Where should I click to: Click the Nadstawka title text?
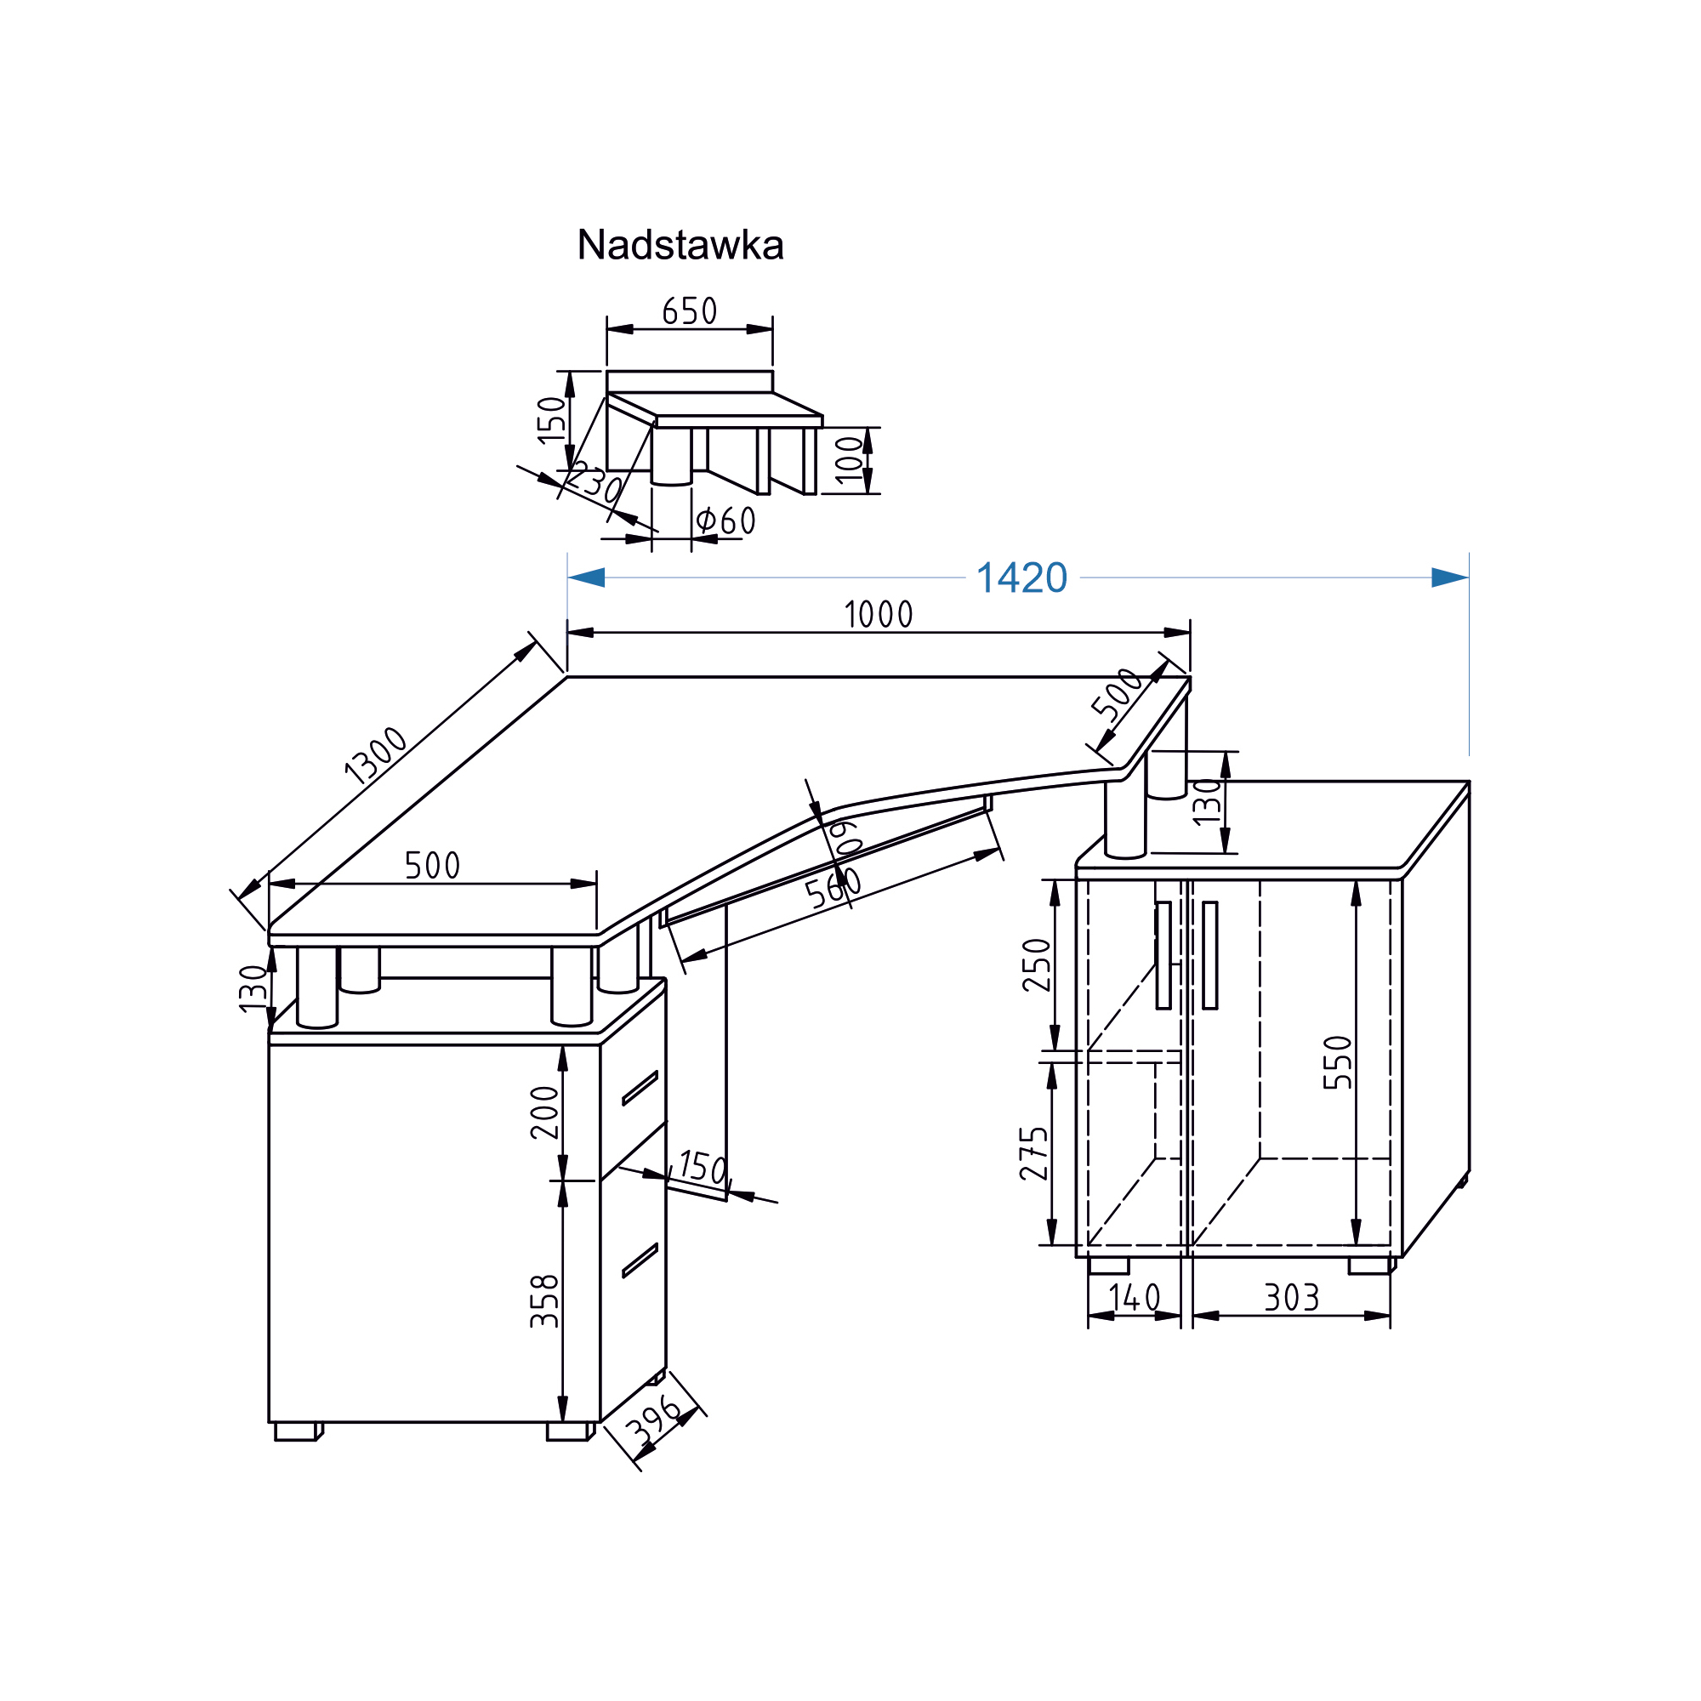click(x=680, y=246)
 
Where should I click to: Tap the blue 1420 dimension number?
click(x=1021, y=578)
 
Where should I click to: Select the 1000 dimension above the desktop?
click(x=878, y=615)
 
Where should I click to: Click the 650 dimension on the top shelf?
click(x=690, y=310)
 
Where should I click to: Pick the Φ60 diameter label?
click(x=725, y=521)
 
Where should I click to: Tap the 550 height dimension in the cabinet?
click(x=1337, y=1062)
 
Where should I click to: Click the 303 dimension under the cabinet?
click(x=1292, y=1298)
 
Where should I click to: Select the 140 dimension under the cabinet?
click(x=1134, y=1298)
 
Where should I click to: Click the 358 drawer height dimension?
click(x=545, y=1300)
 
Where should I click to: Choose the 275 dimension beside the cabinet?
click(x=1034, y=1153)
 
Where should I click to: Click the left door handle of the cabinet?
click(x=1163, y=955)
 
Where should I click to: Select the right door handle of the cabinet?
click(x=1209, y=955)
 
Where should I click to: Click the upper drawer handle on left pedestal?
click(x=640, y=1089)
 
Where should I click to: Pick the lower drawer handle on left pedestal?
click(x=640, y=1260)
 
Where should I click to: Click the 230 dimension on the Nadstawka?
click(x=595, y=483)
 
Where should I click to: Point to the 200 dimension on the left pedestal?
click(x=545, y=1112)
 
